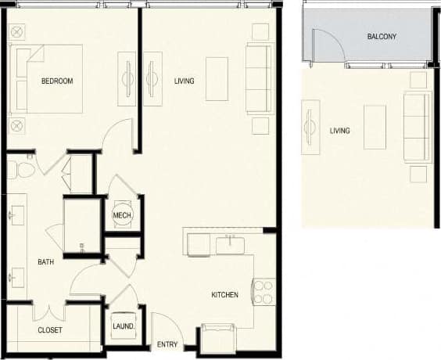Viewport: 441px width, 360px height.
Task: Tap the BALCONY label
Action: pyautogui.click(x=381, y=37)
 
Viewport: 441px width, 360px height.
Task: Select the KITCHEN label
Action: pyautogui.click(x=224, y=295)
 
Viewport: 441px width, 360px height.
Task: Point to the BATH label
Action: pyautogui.click(x=45, y=262)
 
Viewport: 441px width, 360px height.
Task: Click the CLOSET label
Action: pyautogui.click(x=50, y=330)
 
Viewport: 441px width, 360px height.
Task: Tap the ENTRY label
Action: pyautogui.click(x=167, y=344)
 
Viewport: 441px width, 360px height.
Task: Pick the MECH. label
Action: pyautogui.click(x=122, y=216)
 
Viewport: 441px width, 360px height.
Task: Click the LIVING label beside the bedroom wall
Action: pyautogui.click(x=184, y=81)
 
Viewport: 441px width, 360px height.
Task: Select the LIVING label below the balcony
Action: pyautogui.click(x=339, y=131)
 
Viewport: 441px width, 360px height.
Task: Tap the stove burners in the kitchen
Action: pyautogui.click(x=264, y=292)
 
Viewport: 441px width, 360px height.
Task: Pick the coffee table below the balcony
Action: pyautogui.click(x=375, y=126)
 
